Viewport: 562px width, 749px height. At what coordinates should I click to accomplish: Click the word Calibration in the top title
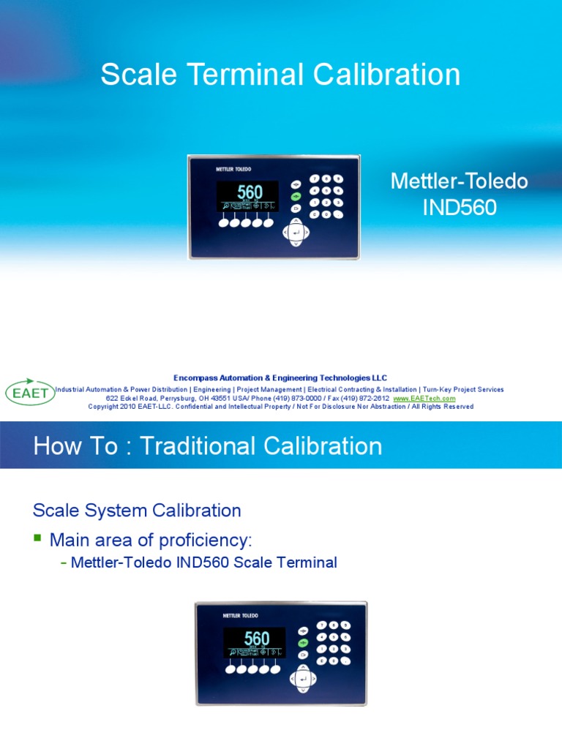(391, 75)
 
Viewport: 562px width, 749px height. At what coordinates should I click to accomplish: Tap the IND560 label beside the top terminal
(460, 208)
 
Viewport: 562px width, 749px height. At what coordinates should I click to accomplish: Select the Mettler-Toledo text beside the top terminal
(460, 181)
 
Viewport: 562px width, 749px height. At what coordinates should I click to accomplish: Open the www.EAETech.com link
(424, 399)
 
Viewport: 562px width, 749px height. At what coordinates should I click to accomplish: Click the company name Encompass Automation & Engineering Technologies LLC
(280, 377)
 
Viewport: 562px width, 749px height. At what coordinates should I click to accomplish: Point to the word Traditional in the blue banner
(204, 446)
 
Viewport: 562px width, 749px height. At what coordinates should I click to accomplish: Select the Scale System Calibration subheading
(138, 510)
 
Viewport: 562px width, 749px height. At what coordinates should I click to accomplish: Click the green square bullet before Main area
(38, 538)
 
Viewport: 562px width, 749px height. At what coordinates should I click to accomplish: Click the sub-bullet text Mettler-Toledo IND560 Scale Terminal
(204, 562)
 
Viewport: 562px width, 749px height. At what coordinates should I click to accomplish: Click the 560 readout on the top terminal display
(250, 193)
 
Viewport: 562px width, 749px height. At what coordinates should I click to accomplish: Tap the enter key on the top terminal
(296, 233)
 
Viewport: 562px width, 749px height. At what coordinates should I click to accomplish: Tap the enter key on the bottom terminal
(302, 679)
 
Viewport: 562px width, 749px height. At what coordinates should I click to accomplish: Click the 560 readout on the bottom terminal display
(257, 639)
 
